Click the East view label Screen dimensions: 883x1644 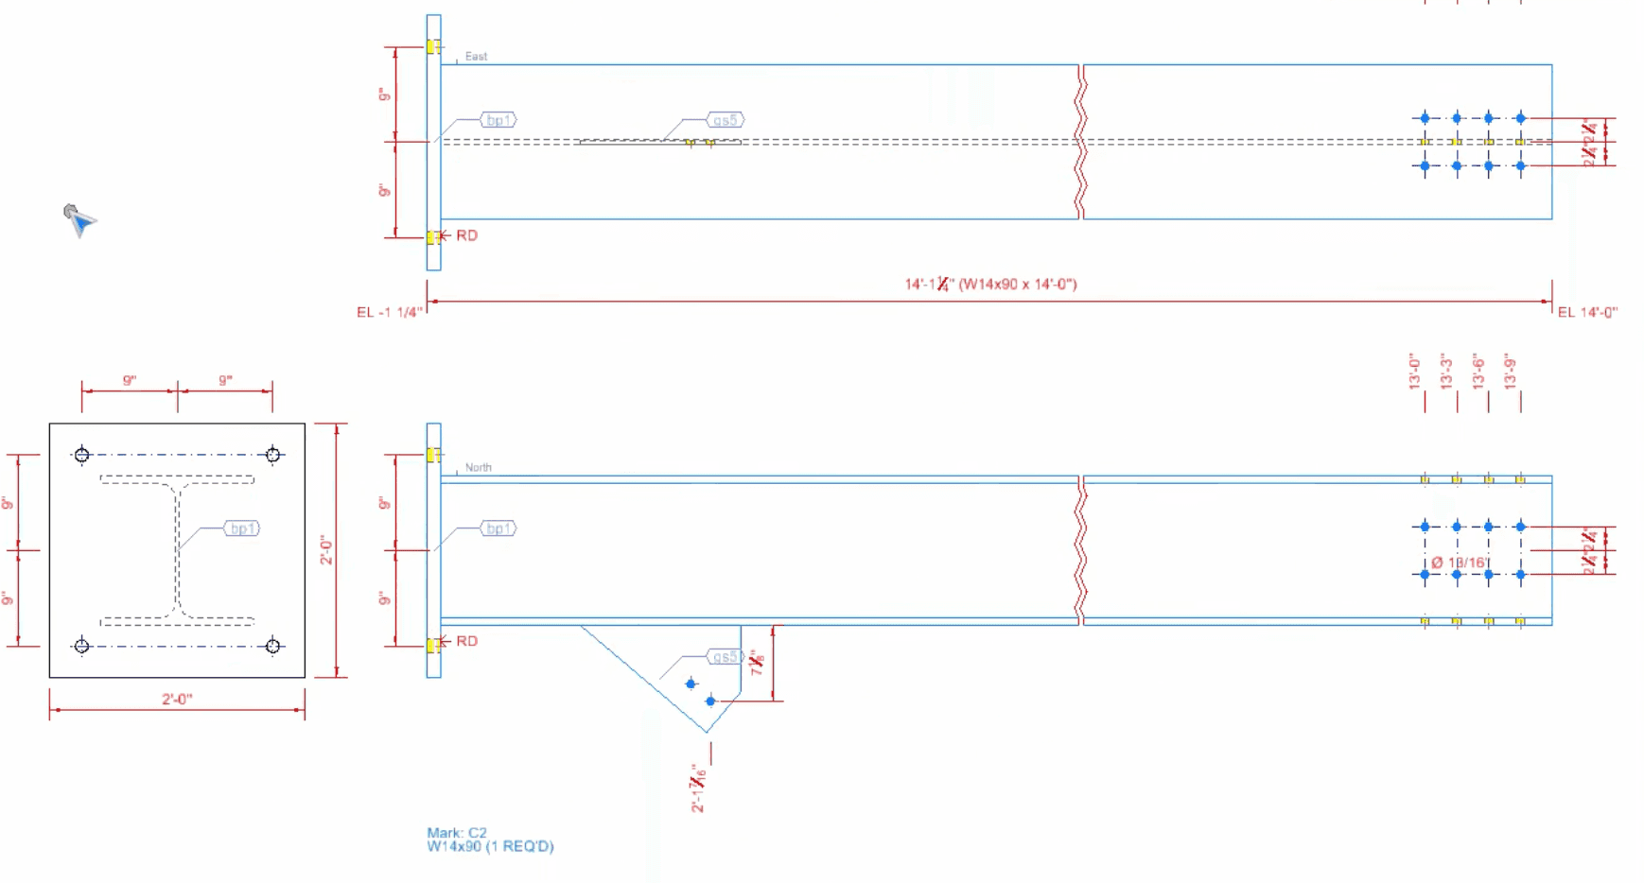[476, 57]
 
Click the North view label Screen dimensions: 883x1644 [478, 467]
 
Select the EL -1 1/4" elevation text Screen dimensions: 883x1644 [389, 312]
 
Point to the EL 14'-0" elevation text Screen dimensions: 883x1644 [1587, 312]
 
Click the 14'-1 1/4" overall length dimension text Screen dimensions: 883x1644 [990, 284]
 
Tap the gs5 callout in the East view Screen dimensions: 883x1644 [726, 120]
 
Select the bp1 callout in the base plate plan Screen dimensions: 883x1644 [242, 528]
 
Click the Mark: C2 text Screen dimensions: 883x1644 [457, 833]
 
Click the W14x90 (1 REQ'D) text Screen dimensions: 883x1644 [490, 846]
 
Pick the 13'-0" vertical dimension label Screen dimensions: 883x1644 [1415, 372]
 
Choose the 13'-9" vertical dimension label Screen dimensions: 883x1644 [1511, 372]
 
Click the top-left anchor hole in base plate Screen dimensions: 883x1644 [82, 455]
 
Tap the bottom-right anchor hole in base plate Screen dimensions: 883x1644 [273, 646]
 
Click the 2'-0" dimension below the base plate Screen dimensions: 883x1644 [177, 699]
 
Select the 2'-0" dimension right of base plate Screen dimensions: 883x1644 [326, 549]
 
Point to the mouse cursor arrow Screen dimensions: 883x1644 [78, 218]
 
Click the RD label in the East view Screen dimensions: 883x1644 [466, 235]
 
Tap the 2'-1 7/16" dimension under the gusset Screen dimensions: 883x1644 [699, 788]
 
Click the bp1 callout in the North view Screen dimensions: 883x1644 [498, 528]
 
